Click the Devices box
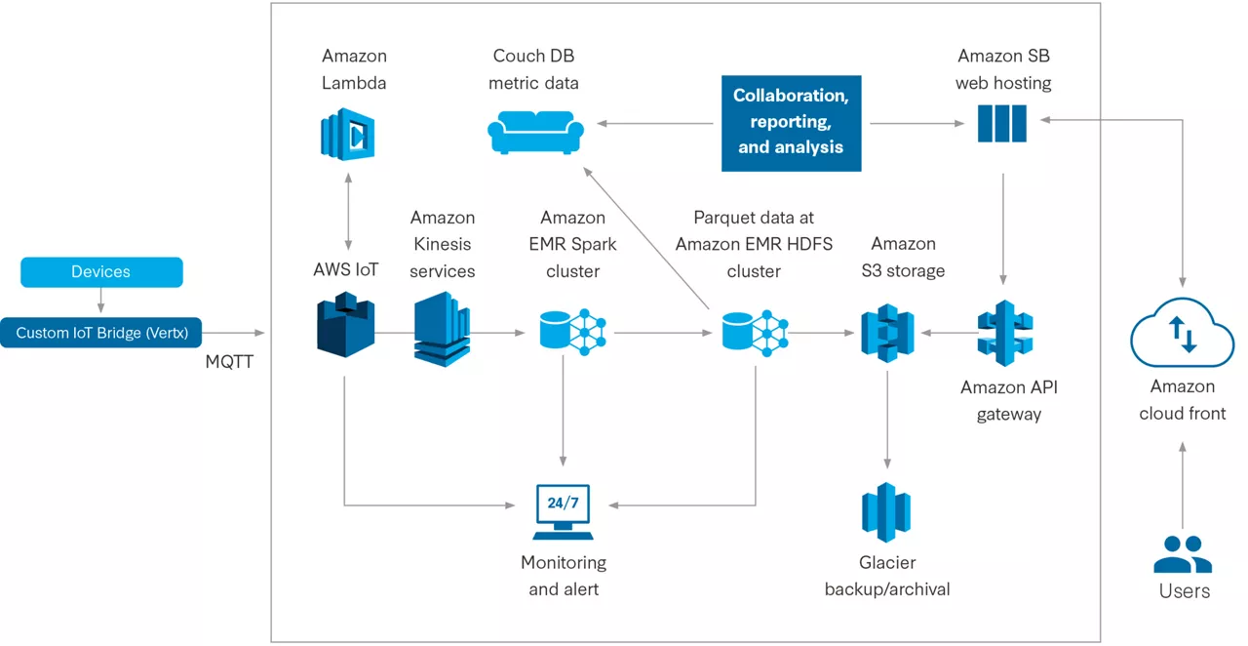101,272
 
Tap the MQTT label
230,361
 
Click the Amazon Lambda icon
348,135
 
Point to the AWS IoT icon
346,327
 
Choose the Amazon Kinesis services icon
442,329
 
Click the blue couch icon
535,132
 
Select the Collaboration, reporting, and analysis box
791,123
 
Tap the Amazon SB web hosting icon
1002,124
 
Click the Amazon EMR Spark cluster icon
572,331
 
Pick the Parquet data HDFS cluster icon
755,331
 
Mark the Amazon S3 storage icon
887,333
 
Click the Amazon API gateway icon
1005,333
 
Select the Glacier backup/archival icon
886,512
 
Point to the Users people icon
1182,554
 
